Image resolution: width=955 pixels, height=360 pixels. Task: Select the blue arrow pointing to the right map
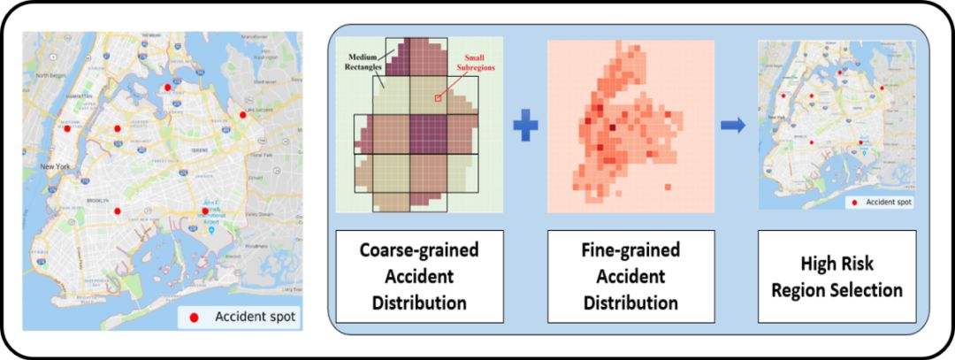(x=731, y=124)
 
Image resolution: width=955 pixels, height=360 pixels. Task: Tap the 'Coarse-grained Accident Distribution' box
(x=419, y=275)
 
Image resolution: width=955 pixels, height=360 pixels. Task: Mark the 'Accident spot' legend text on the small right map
(x=887, y=203)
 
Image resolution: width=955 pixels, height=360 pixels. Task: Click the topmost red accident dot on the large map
(x=166, y=87)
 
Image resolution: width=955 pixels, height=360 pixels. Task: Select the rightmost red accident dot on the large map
(x=242, y=114)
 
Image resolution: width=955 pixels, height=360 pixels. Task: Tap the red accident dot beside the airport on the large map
(x=205, y=211)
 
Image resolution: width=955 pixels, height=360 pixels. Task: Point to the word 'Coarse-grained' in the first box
(x=419, y=250)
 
